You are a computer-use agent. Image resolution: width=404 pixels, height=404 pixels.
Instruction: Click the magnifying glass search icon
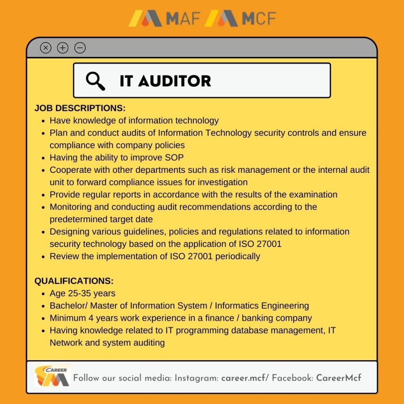[x=95, y=81]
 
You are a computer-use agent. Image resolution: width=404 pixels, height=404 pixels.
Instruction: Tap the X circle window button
[x=46, y=48]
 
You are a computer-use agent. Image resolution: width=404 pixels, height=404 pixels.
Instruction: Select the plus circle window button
[x=63, y=48]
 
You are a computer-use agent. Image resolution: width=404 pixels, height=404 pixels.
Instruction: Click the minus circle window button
[x=80, y=48]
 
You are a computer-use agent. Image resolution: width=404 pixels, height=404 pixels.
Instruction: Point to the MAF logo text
[x=183, y=18]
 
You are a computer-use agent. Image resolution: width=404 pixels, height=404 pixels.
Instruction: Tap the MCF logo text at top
[x=259, y=18]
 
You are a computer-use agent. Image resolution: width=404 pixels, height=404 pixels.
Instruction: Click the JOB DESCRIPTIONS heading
[x=80, y=108]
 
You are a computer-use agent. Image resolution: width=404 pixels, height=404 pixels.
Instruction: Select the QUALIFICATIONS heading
[x=74, y=281]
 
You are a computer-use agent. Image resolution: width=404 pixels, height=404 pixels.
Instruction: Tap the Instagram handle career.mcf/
[x=245, y=378]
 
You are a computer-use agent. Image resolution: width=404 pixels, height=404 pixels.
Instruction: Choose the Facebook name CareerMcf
[x=339, y=378]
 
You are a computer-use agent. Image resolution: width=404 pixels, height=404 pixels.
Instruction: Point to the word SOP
[x=174, y=157]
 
